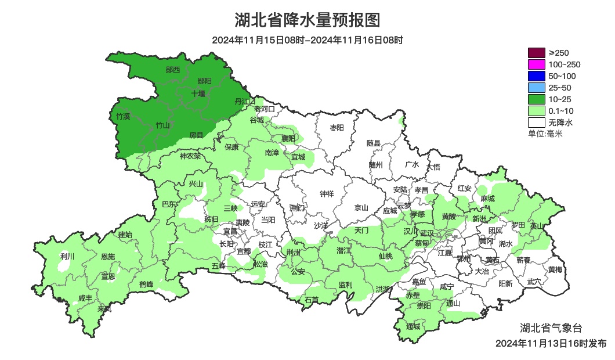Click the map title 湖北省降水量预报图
coord(307,20)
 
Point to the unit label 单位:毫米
coord(545,134)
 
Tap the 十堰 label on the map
coord(198,93)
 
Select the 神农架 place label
coord(190,156)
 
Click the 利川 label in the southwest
coord(67,256)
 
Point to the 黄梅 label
coord(555,269)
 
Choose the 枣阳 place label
coord(337,127)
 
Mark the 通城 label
coord(413,326)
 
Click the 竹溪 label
coord(123,117)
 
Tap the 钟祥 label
coord(327,194)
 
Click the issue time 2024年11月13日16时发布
coord(551,343)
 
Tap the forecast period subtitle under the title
coord(307,40)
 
